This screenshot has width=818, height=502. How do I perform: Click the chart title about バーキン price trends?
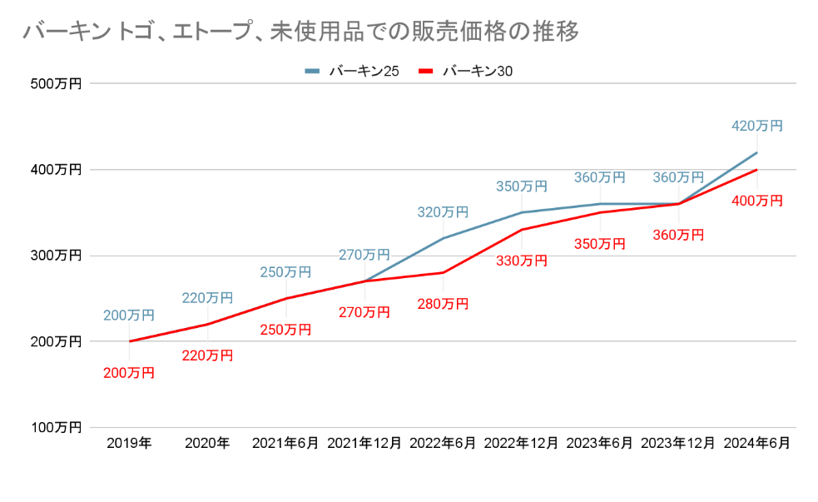coord(300,32)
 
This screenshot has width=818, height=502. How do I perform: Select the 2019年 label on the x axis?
coord(129,444)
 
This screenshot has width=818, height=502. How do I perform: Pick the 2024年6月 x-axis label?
coord(756,444)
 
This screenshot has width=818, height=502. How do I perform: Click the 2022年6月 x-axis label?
coord(443,444)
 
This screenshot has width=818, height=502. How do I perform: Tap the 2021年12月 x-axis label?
coord(364,444)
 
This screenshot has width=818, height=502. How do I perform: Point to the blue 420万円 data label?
coord(757,127)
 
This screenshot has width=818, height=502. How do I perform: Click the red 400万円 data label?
coord(757,201)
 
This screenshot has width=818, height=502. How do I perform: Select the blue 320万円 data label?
coord(443,212)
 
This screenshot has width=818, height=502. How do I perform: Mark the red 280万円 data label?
coord(443,304)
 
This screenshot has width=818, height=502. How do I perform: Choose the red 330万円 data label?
coord(522,261)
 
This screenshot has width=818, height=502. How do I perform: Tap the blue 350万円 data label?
coord(522,186)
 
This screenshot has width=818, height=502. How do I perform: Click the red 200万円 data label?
coord(129,373)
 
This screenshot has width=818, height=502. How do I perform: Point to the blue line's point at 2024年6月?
coord(756,152)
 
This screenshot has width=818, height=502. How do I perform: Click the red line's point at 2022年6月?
coord(443,272)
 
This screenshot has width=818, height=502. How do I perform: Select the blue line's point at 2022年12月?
coord(522,212)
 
